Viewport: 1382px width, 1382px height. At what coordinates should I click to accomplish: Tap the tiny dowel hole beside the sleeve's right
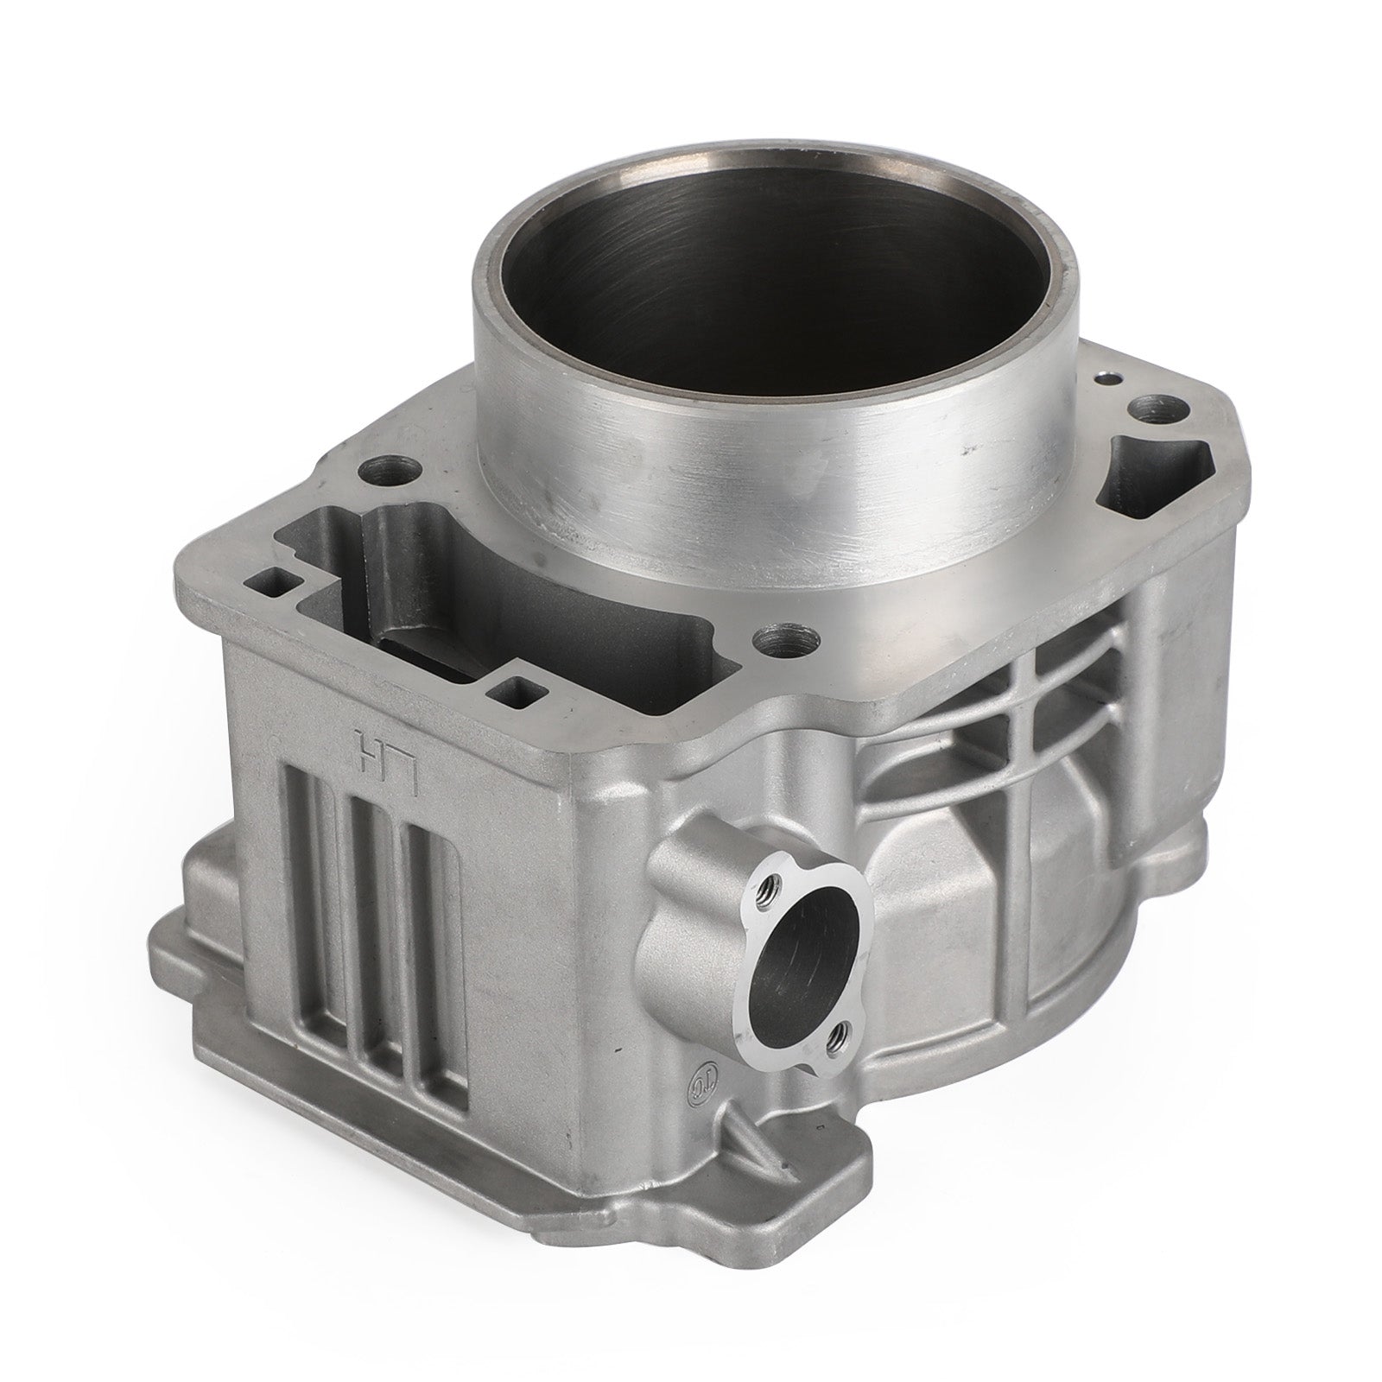[1103, 378]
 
